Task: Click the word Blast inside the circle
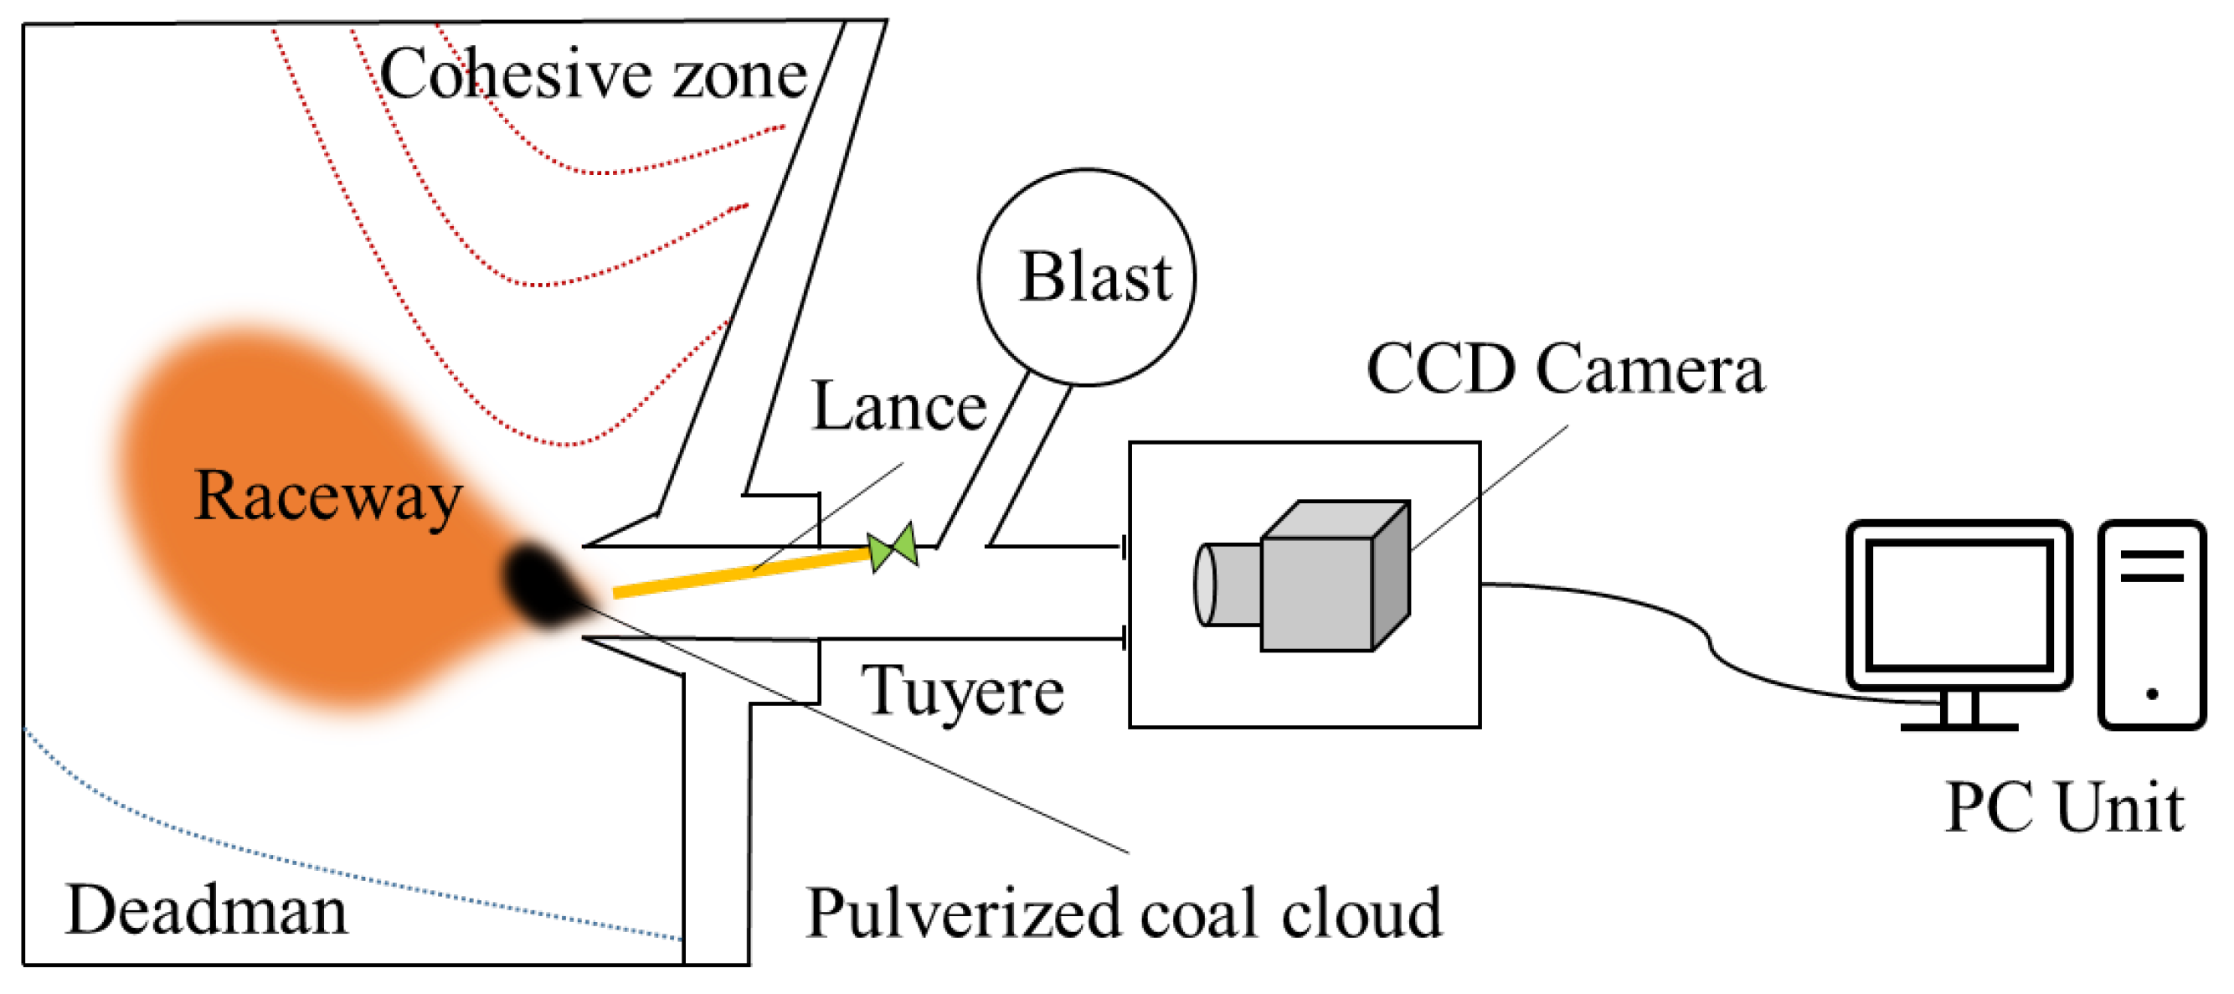tap(1094, 277)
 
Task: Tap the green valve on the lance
tap(893, 549)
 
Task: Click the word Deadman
tap(206, 911)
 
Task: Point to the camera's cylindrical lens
tap(1225, 584)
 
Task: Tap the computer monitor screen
tap(1959, 604)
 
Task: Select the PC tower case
tap(2152, 625)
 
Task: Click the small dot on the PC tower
tap(2152, 694)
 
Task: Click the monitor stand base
tap(1959, 726)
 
